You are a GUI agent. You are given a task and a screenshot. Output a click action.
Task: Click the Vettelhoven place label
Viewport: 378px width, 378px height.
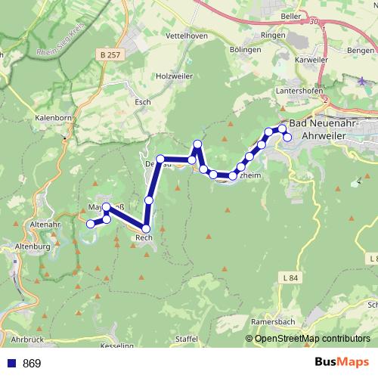coord(186,36)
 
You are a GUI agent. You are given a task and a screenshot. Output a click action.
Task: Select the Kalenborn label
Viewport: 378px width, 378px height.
coord(53,118)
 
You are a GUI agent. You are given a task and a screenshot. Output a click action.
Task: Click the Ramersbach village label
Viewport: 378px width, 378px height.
coord(274,322)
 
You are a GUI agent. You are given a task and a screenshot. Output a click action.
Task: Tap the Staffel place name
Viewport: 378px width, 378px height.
coord(187,339)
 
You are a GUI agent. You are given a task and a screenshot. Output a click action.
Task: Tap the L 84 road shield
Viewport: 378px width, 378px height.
coord(290,278)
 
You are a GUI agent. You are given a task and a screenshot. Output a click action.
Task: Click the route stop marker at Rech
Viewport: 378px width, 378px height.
coord(146,228)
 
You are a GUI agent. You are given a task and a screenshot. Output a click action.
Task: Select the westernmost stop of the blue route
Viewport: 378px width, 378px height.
coord(90,223)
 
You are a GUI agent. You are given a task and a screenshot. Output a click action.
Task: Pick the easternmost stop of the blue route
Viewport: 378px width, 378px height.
coord(287,137)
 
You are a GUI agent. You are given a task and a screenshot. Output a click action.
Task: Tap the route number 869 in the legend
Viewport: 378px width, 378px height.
coord(32,364)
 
